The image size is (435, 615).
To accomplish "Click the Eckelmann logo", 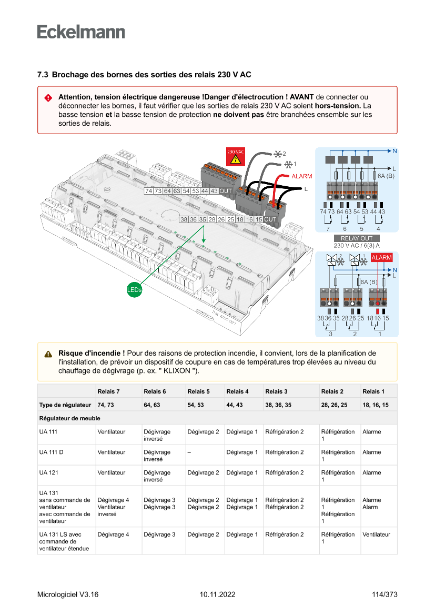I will click(81, 32).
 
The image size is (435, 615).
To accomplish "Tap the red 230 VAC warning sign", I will click(235, 156).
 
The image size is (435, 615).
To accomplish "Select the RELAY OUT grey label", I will click(356, 238).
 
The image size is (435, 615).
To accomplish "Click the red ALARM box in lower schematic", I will click(381, 257).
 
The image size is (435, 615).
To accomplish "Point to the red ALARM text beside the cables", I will click(302, 176).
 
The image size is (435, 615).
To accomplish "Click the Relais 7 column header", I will click(108, 391).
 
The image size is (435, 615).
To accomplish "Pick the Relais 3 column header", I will click(276, 391).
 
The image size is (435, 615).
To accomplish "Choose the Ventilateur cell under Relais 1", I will click(376, 535).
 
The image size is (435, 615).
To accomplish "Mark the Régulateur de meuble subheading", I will click(69, 418).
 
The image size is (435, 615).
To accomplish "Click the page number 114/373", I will click(384, 594).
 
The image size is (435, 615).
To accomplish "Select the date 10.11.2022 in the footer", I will click(217, 594).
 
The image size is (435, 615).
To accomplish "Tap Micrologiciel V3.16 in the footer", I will click(68, 594).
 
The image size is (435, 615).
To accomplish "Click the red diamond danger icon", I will click(48, 98).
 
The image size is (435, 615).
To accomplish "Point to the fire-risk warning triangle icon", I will click(48, 354).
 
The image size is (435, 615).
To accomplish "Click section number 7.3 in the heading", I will click(43, 75).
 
